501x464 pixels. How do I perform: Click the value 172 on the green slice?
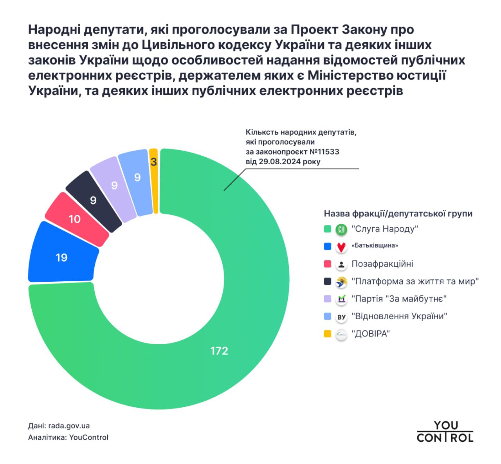(219, 351)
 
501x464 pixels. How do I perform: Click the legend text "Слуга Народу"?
(385, 229)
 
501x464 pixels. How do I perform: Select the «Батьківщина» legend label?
(375, 246)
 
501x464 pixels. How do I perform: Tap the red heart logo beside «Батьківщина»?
(341, 247)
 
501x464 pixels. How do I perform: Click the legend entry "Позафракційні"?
(382, 264)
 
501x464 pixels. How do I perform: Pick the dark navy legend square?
(328, 281)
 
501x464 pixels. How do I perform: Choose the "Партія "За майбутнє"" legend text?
(399, 299)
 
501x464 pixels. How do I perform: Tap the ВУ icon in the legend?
(341, 317)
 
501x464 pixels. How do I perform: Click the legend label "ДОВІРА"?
(371, 334)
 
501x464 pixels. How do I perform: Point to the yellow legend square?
(328, 334)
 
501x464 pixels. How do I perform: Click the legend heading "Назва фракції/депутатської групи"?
(398, 214)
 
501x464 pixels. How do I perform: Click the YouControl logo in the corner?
(445, 432)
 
